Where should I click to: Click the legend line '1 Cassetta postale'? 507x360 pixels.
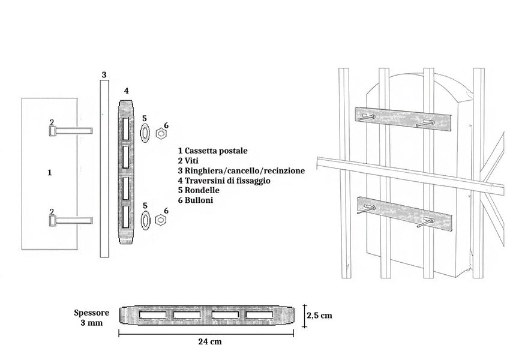[212, 151]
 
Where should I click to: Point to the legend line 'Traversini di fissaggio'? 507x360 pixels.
[227, 181]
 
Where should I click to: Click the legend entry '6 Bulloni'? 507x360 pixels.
[199, 200]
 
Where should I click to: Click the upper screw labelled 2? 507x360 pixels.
[69, 130]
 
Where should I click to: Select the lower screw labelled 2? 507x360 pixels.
[69, 221]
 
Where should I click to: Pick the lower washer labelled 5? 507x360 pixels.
[145, 220]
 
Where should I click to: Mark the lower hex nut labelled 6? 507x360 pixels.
[161, 220]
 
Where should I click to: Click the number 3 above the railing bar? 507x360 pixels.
[104, 75]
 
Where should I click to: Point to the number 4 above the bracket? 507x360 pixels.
[126, 91]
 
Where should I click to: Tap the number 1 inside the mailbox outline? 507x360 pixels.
[49, 172]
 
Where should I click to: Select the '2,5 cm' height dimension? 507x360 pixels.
[319, 314]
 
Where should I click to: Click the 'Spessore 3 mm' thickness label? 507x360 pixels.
[91, 318]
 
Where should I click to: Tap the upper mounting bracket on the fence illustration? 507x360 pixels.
[403, 119]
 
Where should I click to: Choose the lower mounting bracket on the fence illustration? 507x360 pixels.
[403, 214]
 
